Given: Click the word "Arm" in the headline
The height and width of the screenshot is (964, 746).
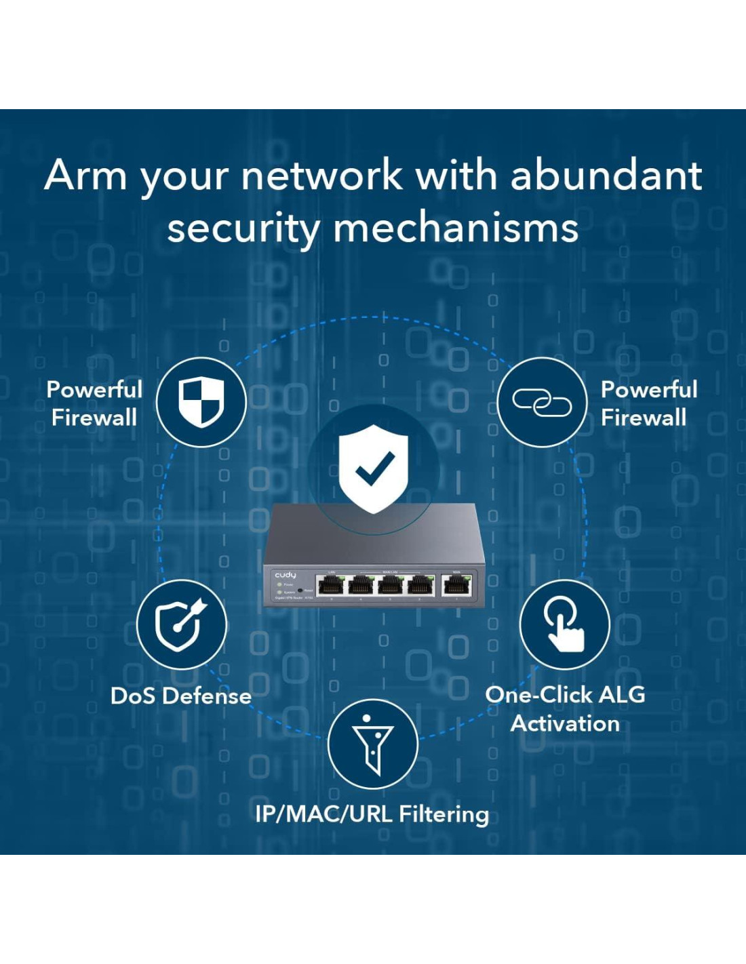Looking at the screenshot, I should pyautogui.click(x=85, y=176).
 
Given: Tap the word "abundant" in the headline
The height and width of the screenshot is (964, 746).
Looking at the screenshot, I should pyautogui.click(x=606, y=176).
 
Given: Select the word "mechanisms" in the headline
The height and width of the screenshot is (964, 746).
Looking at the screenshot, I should pyautogui.click(x=456, y=228).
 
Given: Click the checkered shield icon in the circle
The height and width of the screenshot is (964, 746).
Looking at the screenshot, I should pyautogui.click(x=201, y=402).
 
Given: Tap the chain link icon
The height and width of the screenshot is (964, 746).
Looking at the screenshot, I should pyautogui.click(x=541, y=403).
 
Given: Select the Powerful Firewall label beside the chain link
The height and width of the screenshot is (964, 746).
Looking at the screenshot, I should pyautogui.click(x=648, y=403).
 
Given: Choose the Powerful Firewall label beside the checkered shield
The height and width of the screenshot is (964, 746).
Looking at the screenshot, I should pyautogui.click(x=94, y=403).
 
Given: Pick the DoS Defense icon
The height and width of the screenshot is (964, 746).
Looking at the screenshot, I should pyautogui.click(x=181, y=624).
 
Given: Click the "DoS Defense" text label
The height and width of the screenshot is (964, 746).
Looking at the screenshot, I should pyautogui.click(x=181, y=696).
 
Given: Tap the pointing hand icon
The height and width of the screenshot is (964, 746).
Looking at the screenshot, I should pyautogui.click(x=564, y=624).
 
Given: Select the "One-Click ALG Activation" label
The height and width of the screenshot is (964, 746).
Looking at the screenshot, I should pyautogui.click(x=565, y=709).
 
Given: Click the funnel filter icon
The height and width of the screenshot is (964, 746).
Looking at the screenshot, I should pyautogui.click(x=372, y=744).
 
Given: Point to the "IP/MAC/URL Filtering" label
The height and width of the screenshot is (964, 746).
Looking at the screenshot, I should pyautogui.click(x=372, y=814).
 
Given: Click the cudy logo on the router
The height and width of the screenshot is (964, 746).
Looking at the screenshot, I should pyautogui.click(x=285, y=575).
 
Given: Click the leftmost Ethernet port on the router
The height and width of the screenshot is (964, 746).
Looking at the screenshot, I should pyautogui.click(x=331, y=584).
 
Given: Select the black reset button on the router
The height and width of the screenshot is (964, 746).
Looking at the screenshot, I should pyautogui.click(x=300, y=590).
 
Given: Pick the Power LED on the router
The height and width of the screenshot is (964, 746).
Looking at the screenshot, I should pyautogui.click(x=279, y=584).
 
